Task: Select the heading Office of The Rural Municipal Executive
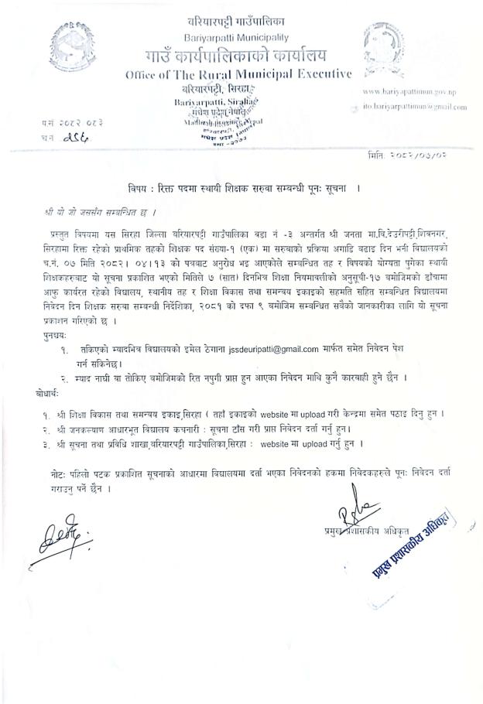click(238, 73)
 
